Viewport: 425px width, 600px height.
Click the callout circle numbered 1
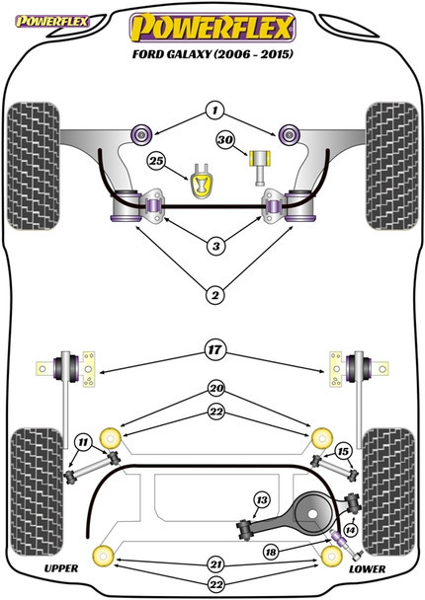[215, 111]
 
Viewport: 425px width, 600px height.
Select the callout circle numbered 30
[225, 140]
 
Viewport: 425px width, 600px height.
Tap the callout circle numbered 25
[156, 161]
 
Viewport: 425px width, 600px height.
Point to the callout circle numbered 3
[216, 246]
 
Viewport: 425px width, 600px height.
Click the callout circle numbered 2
[215, 295]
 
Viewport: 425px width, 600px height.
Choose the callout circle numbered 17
[215, 349]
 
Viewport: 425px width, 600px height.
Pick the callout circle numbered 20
[216, 389]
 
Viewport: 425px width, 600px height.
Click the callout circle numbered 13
[262, 500]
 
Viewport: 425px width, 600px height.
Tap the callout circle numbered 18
[271, 552]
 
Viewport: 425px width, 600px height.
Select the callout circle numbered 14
[350, 530]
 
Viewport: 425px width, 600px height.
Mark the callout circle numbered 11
[83, 443]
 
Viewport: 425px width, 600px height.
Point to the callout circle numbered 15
[343, 452]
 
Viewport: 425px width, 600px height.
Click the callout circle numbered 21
[216, 564]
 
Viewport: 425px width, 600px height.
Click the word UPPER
[61, 568]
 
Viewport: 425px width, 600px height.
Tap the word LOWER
[367, 569]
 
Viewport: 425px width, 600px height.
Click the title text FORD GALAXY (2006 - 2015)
[212, 53]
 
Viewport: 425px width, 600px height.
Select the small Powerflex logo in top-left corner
[51, 21]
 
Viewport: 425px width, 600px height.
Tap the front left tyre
[34, 166]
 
